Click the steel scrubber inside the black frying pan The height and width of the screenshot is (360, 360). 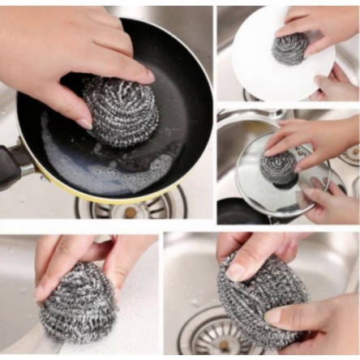(x=119, y=112)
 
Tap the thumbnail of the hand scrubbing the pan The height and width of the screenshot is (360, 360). (x=84, y=122)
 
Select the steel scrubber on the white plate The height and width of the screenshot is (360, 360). (x=289, y=49)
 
